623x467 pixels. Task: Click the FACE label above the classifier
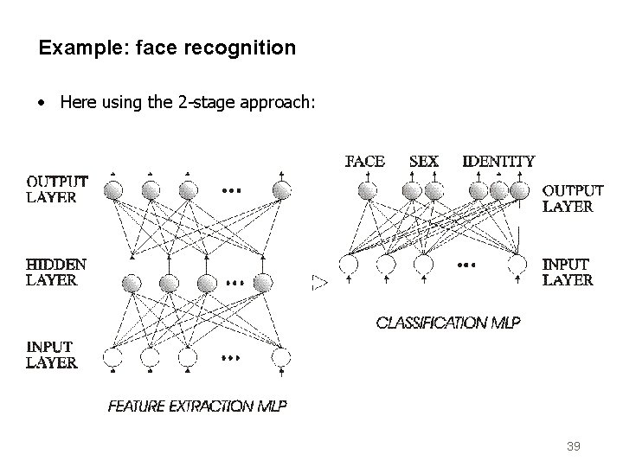click(365, 161)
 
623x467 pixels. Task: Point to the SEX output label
click(423, 161)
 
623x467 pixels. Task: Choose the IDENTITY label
click(498, 161)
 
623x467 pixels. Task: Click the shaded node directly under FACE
click(368, 190)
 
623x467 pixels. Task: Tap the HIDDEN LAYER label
click(56, 272)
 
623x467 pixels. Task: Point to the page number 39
click(573, 447)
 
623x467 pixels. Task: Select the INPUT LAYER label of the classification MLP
click(568, 272)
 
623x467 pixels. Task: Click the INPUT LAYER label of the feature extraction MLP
click(52, 355)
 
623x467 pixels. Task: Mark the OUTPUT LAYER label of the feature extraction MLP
click(57, 189)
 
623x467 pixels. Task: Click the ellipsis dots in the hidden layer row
click(234, 282)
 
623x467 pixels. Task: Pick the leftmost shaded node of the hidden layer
click(132, 283)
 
